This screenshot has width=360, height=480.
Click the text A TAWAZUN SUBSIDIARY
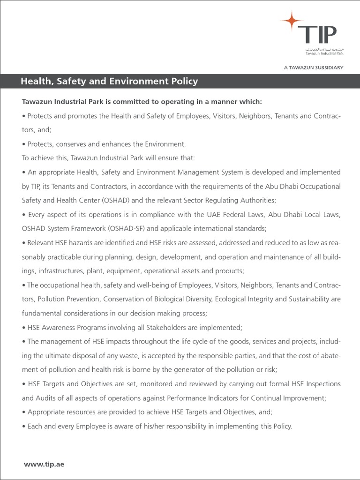(314, 67)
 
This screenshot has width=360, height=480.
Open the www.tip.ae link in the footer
(44, 451)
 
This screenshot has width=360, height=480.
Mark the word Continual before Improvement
(262, 397)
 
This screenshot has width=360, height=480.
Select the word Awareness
(59, 327)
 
